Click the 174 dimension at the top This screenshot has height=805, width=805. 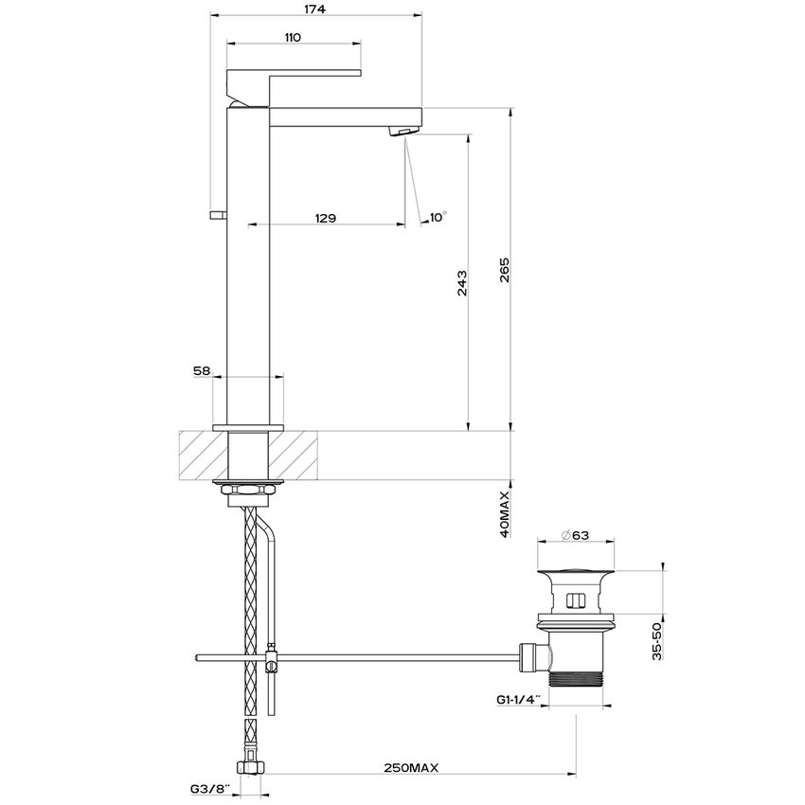click(x=314, y=9)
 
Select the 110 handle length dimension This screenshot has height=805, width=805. click(x=292, y=37)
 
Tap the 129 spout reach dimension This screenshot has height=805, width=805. click(x=325, y=218)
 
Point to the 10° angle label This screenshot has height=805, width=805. click(x=437, y=217)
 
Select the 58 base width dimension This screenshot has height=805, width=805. click(x=201, y=372)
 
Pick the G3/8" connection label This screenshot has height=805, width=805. click(x=208, y=788)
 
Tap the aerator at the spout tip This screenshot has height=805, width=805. click(x=405, y=131)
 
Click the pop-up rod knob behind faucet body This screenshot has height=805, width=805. click(x=216, y=213)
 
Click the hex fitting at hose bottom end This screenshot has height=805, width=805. click(x=250, y=768)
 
